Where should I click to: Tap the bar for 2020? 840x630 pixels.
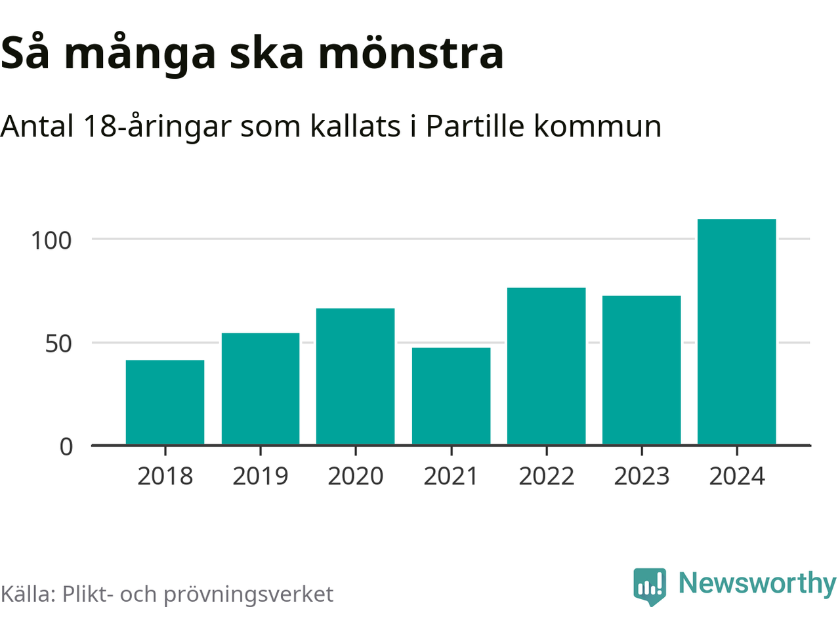click(x=356, y=377)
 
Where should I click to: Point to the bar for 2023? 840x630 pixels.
click(x=641, y=370)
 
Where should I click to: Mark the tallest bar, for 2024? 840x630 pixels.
click(x=736, y=332)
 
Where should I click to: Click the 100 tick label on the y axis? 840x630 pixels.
click(x=51, y=241)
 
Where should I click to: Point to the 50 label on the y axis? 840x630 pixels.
click(x=58, y=344)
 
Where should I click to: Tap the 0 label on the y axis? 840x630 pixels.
click(x=66, y=447)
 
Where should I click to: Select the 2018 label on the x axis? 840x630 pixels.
click(x=165, y=476)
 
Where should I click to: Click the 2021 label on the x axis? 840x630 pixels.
click(x=451, y=476)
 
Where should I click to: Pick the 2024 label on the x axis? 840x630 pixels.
click(x=737, y=476)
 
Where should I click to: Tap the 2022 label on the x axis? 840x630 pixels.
click(x=546, y=476)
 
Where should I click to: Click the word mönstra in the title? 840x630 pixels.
click(x=411, y=54)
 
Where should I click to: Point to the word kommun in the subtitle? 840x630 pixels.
click(x=597, y=126)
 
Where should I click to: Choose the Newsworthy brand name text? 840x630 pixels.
click(x=757, y=583)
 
